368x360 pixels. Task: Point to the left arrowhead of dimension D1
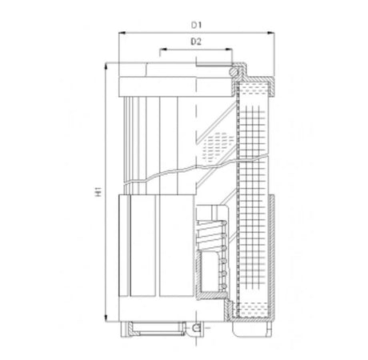point(122,34)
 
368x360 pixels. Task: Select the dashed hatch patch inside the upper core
point(213,145)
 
